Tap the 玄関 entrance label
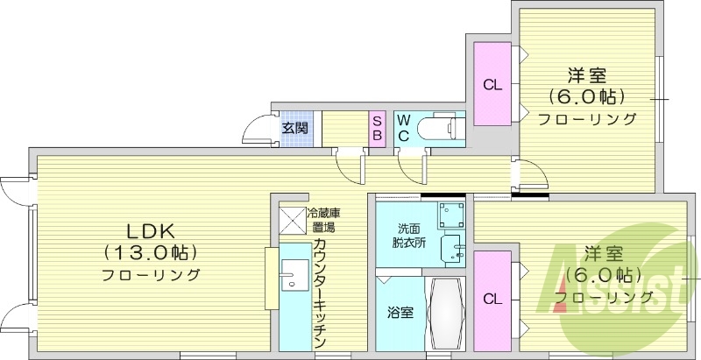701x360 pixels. [294, 128]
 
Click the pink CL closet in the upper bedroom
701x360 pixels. [492, 85]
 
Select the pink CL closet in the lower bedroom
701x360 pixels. [492, 299]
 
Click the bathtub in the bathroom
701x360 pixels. [447, 313]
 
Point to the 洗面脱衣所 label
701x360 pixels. [409, 236]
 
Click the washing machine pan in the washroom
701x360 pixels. [451, 214]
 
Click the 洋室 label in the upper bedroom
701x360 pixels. [586, 77]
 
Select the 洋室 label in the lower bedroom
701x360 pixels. [605, 254]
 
